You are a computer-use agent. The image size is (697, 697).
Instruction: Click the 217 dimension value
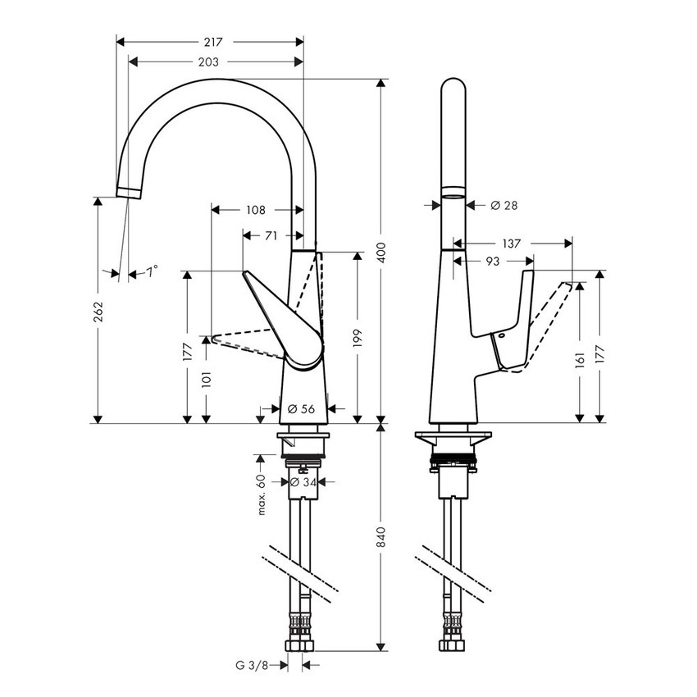(211, 41)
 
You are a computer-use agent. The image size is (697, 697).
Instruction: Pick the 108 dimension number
(255, 210)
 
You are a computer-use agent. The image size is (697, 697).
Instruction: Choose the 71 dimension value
(269, 236)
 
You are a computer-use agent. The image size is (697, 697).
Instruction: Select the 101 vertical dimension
(207, 378)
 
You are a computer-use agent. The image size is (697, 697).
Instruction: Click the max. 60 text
(262, 494)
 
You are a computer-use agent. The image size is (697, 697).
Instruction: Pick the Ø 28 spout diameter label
(503, 205)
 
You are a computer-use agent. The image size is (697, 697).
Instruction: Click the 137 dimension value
(511, 244)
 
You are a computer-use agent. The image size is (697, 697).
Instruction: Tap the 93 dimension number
(493, 261)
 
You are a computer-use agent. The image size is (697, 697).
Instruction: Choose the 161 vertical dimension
(581, 358)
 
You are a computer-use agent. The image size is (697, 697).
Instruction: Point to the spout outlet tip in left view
(129, 191)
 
